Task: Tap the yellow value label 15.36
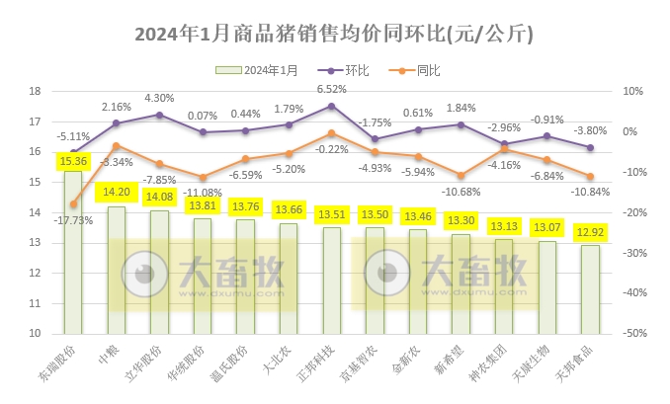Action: click(x=74, y=160)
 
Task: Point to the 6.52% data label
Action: click(x=331, y=90)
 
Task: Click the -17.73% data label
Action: click(x=75, y=220)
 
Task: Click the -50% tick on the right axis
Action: click(x=632, y=334)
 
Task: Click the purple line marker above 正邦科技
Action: click(x=331, y=106)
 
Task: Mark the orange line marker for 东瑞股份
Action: click(x=73, y=203)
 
